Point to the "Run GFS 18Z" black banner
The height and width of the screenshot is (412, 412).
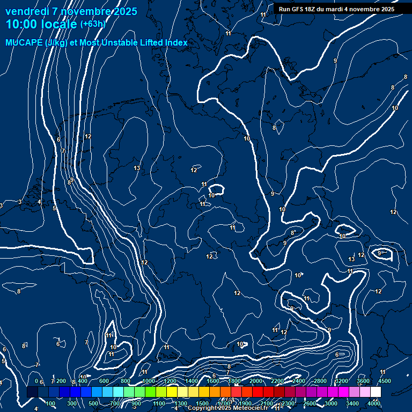336,9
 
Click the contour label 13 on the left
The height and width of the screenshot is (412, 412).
137,168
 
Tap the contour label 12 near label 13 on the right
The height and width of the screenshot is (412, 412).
362,255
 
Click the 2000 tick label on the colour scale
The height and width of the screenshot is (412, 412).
256,381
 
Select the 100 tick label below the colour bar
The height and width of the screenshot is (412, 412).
51,403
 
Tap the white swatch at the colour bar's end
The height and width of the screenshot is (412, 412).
376,392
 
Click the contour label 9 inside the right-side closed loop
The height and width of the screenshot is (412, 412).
380,253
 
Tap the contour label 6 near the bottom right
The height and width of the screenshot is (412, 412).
337,355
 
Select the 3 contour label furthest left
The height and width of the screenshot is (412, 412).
2,205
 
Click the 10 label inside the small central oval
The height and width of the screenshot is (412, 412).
212,195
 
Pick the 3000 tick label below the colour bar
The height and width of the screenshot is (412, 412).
331,403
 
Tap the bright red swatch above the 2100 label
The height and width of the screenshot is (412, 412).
268,392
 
